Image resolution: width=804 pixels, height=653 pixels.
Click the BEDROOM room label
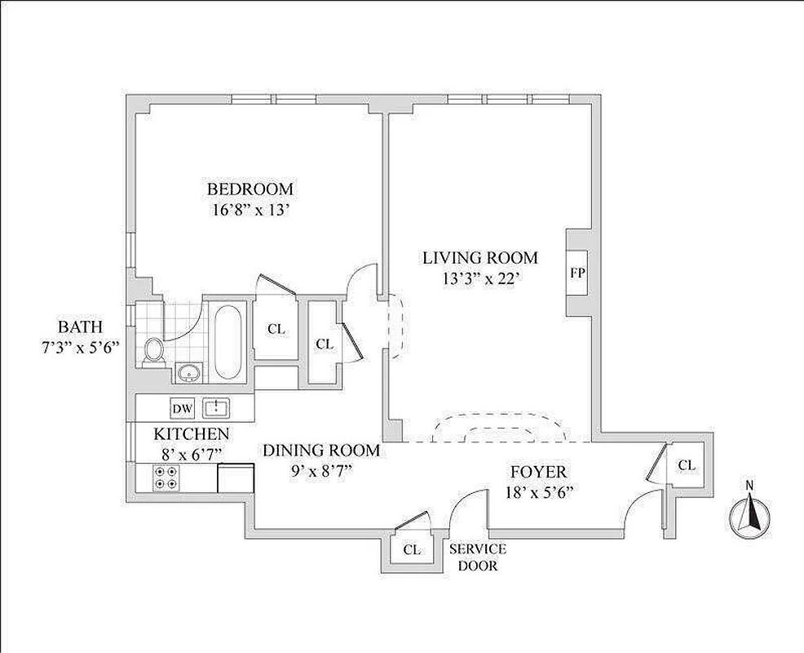[x=250, y=189]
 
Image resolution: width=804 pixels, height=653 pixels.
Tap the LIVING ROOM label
[x=479, y=258]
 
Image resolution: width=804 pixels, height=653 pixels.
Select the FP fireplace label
[x=576, y=273]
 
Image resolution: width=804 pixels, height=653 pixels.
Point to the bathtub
[x=228, y=340]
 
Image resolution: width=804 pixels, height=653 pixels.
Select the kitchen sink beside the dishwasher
[x=215, y=406]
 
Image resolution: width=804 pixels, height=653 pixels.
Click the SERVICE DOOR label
[x=478, y=557]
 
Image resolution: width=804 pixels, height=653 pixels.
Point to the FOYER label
[x=538, y=472]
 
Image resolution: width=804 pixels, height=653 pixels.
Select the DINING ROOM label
[x=320, y=450]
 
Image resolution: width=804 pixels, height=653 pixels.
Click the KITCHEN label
[x=192, y=433]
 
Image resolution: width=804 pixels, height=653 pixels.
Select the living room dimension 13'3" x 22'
[x=479, y=278]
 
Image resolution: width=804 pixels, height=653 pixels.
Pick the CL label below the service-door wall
[x=412, y=550]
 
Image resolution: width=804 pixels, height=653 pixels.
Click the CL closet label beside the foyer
[x=687, y=465]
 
